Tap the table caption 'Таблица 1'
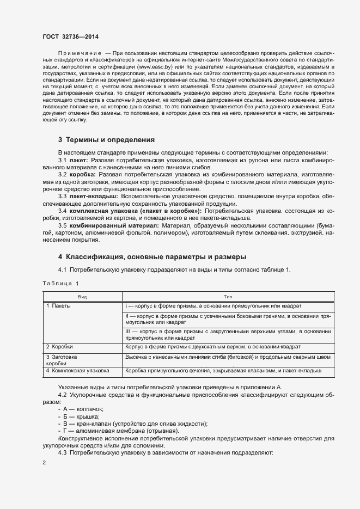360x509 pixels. pyautogui.click(x=60, y=284)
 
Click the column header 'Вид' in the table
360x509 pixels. pyautogui.click(x=82, y=297)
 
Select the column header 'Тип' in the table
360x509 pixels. pyautogui.click(x=228, y=297)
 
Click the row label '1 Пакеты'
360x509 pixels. pyautogui.click(x=59, y=306)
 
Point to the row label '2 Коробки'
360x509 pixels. pyautogui.click(x=59, y=346)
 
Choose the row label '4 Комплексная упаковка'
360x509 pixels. pyautogui.click(x=78, y=370)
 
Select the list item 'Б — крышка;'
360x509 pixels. pyautogui.click(x=82, y=416)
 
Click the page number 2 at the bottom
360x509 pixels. pyautogui.click(x=44, y=463)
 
